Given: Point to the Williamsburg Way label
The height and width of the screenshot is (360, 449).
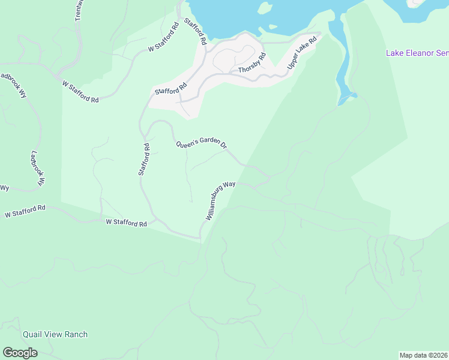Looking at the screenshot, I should coord(220,201).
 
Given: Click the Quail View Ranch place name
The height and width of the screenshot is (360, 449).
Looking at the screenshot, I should coord(55,335).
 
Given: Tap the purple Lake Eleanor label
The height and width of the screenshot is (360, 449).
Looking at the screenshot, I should coord(417,53).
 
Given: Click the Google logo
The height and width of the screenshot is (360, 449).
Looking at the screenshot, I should coord(20,353).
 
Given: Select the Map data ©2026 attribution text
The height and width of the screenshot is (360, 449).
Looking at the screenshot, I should coord(424,355).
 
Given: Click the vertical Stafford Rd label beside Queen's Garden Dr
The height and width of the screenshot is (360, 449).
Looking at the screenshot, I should coord(143,159).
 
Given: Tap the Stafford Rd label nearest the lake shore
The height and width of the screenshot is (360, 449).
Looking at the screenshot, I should coord(195,32).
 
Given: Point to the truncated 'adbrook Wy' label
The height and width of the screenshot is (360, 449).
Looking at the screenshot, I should coord(13,85).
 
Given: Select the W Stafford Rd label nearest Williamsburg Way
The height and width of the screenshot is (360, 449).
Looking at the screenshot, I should coord(127,223).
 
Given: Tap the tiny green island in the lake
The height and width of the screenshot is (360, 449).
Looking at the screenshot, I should coord(273,26).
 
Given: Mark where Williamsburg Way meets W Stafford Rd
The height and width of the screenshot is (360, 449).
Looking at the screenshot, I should coord(200,237).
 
